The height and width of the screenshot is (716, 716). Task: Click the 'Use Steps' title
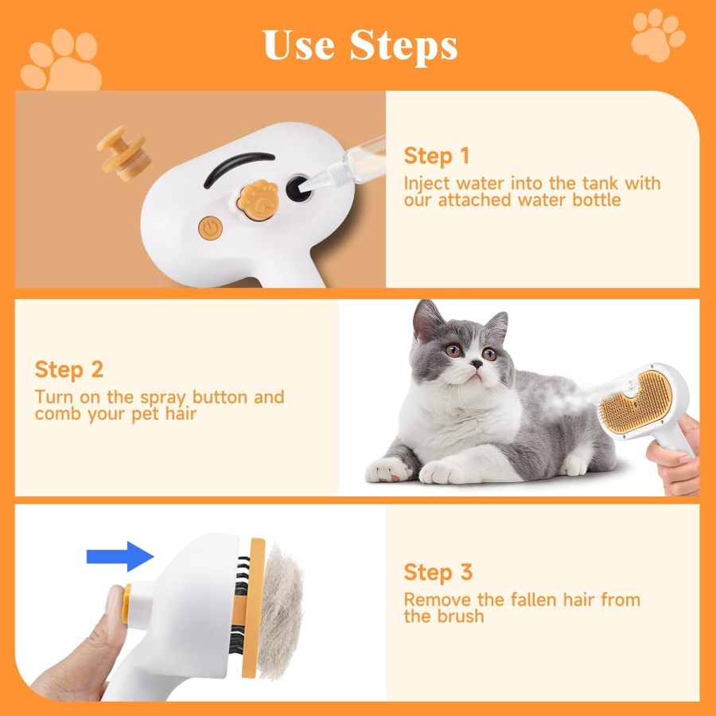coord(360,45)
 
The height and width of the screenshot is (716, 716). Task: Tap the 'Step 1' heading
coord(437,155)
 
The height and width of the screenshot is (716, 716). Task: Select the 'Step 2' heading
coord(69,370)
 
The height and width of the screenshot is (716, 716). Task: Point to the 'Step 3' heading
coord(438,572)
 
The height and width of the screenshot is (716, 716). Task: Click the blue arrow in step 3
coord(119,555)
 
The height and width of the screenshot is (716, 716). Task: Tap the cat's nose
coord(474,364)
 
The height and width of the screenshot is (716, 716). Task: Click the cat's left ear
coord(427,320)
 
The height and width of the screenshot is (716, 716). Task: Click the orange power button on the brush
coord(210,228)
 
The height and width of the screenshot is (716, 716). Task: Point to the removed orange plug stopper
coord(123,153)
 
